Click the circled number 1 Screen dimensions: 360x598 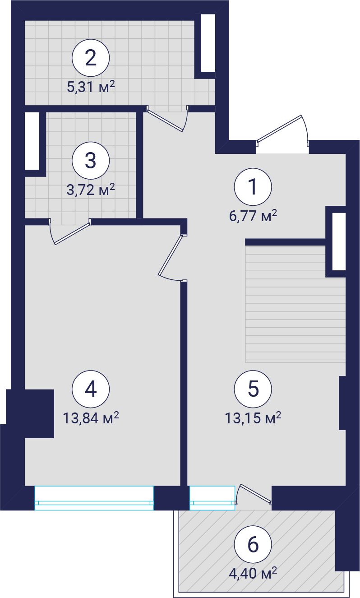(253, 187)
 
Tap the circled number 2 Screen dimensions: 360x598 (91, 58)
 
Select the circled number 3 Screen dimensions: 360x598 (91, 161)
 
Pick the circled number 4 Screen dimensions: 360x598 (91, 389)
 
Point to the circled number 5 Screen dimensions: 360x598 (253, 389)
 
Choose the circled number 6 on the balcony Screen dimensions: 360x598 (253, 544)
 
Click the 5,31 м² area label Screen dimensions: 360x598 (91, 87)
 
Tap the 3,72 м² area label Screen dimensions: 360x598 (91, 190)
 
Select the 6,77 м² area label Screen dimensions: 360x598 (253, 215)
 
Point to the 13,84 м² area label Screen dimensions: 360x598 (91, 418)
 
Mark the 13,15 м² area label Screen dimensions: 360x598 (253, 418)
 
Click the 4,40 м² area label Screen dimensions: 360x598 (253, 573)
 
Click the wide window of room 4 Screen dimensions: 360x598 (94, 498)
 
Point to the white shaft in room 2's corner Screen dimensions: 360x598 (208, 43)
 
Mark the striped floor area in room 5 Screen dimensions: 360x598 (295, 304)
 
